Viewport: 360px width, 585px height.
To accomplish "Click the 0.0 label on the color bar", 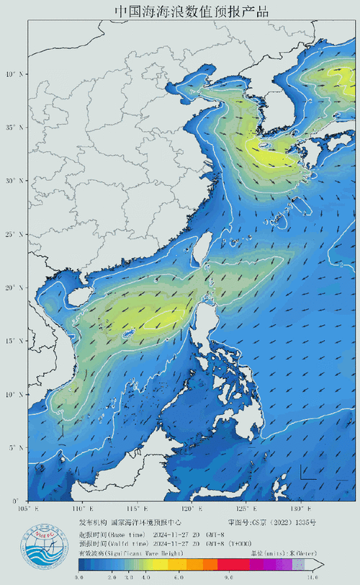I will [79, 577].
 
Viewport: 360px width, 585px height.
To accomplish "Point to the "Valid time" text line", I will [137, 544].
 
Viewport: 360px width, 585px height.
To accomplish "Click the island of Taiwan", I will [203, 252].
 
